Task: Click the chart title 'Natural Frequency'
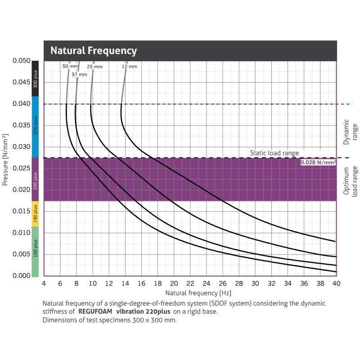93,50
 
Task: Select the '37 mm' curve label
79,74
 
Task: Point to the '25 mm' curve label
94,67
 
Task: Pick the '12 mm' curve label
129,67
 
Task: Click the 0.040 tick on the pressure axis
21,104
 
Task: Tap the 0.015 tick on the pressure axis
21,211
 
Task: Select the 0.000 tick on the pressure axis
21,275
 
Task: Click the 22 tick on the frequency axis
190,283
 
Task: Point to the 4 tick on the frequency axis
44,283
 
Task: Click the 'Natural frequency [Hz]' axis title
189,292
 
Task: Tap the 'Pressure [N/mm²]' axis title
5,159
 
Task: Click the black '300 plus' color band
36,78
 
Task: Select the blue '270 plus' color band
36,126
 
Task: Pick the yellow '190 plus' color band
36,213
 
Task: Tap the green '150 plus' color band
36,251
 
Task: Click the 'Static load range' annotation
274,153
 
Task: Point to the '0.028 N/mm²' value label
318,162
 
